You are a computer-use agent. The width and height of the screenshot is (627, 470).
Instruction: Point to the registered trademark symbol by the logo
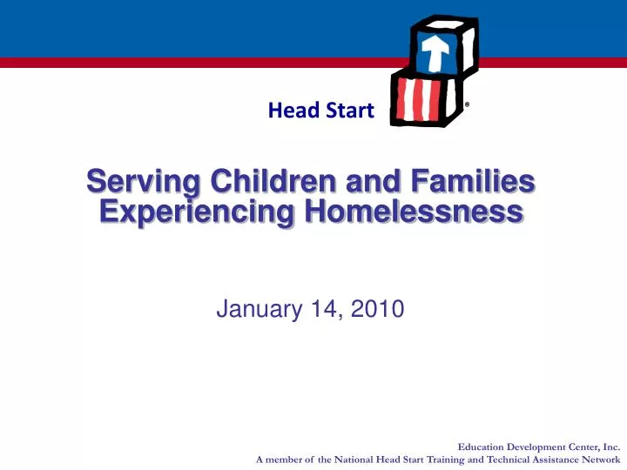[x=468, y=104]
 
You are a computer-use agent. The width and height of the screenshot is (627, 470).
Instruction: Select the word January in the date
[x=256, y=308]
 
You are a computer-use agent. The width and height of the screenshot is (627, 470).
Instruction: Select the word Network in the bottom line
[x=595, y=459]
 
